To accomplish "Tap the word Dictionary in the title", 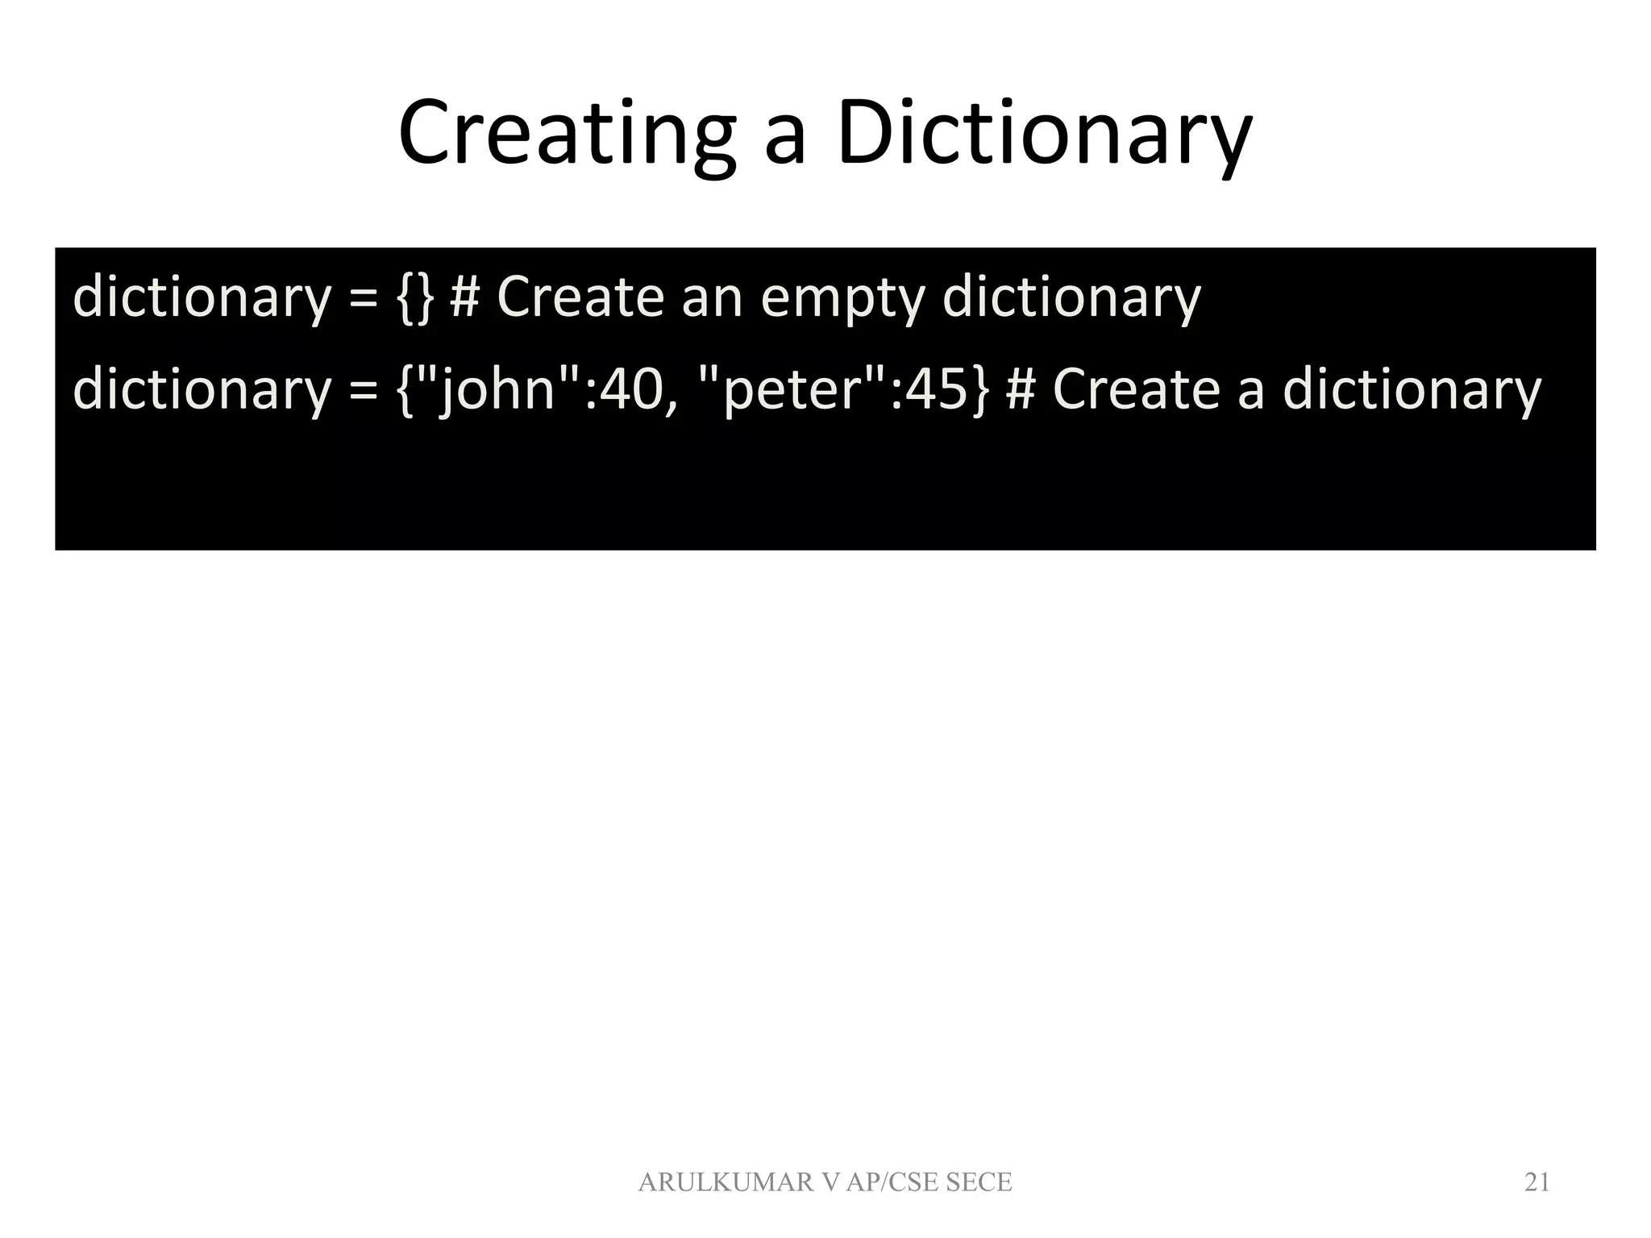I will click(x=1044, y=133).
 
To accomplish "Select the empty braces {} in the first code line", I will click(x=415, y=297).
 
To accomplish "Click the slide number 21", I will click(x=1537, y=1182).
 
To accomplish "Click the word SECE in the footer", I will click(x=979, y=1182).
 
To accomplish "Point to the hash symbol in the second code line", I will click(x=1021, y=388).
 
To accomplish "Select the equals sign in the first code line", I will click(x=364, y=297).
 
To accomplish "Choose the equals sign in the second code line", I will click(x=364, y=388).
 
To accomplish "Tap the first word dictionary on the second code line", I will click(x=202, y=388).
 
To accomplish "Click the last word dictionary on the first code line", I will click(x=1071, y=297).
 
